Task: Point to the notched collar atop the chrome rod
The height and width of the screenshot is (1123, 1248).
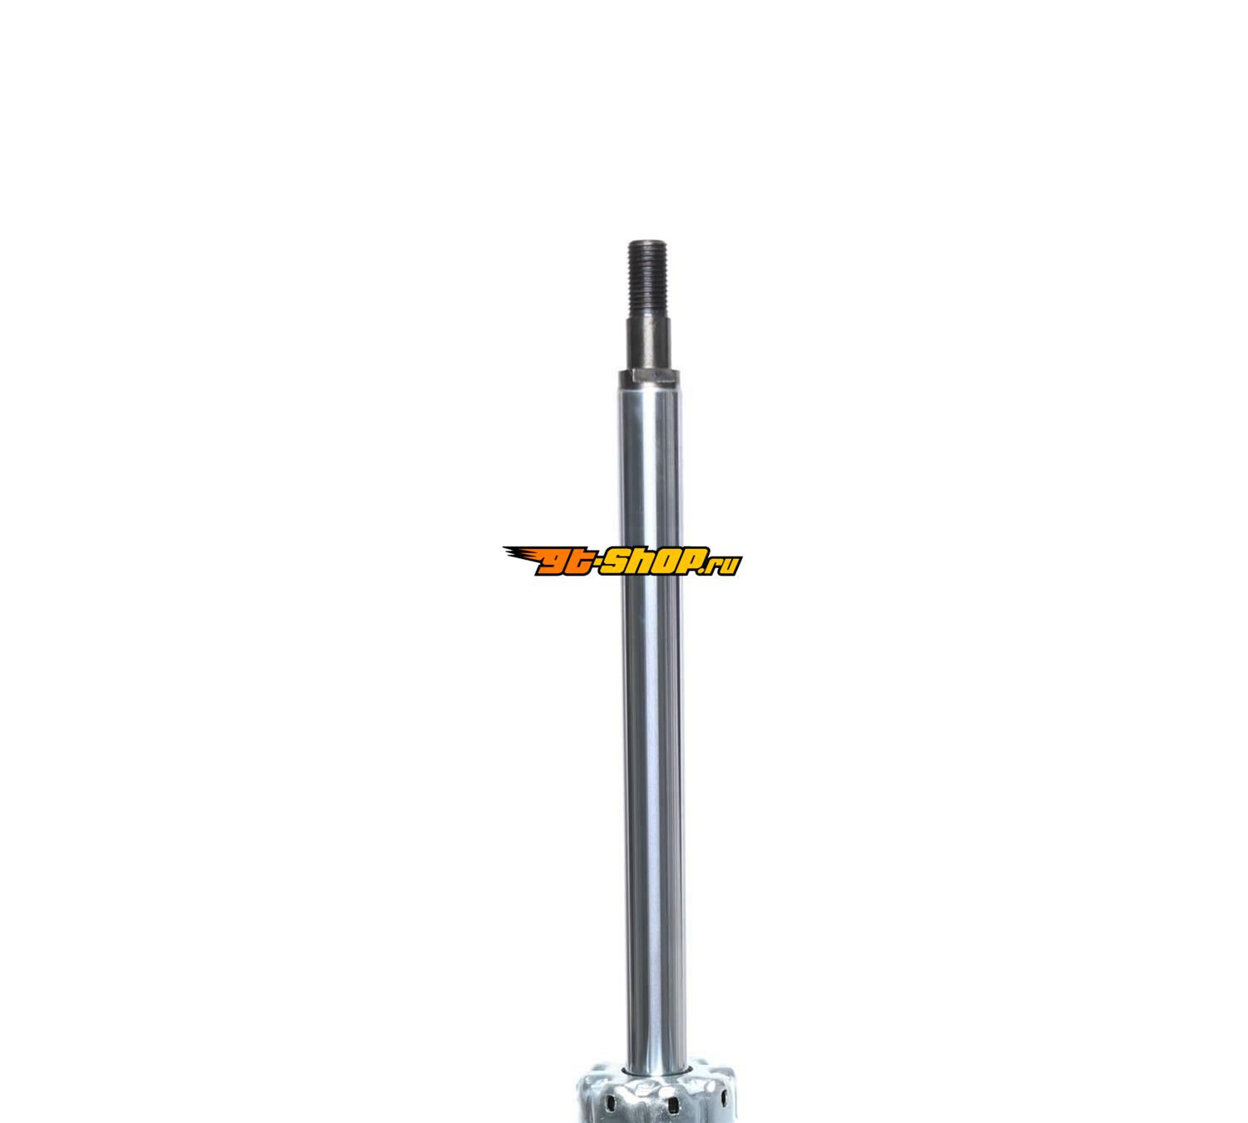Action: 649,377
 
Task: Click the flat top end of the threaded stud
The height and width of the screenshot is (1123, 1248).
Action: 647,241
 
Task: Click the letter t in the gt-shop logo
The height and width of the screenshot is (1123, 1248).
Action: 577,561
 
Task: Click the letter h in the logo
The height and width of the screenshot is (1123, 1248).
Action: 643,561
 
